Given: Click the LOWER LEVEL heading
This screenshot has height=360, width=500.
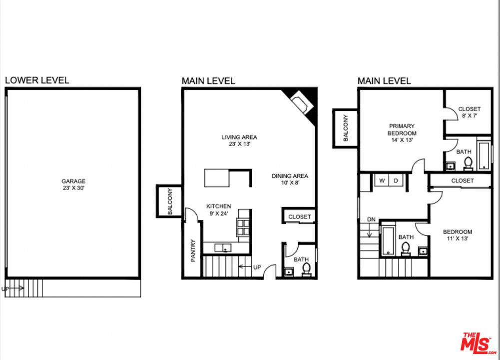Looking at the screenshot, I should [37, 80].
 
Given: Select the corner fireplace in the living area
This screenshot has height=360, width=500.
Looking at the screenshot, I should [301, 103].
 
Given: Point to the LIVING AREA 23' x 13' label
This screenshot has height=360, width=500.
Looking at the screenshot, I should [239, 140].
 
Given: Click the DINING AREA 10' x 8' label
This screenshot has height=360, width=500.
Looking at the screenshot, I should [290, 179].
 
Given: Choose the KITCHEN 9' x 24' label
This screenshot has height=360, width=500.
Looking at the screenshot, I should [219, 209].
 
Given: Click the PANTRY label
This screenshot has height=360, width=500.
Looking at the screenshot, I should [193, 250].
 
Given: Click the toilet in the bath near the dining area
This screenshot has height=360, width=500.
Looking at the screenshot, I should [306, 268].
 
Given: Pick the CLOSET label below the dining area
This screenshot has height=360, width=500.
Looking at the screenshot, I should [300, 216].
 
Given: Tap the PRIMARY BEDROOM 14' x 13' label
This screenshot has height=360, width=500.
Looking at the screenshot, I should [402, 133].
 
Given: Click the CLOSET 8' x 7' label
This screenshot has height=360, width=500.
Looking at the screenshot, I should [469, 112].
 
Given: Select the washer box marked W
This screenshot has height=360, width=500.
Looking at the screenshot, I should [382, 180].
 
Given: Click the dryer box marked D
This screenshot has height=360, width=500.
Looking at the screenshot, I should [395, 180].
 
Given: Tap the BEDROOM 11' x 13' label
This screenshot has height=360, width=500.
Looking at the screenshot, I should [458, 235].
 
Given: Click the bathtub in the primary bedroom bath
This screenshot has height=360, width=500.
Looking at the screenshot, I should [484, 155].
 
